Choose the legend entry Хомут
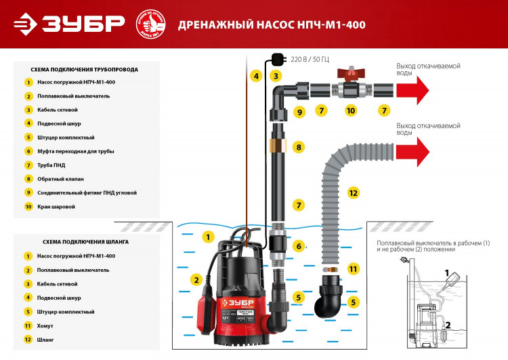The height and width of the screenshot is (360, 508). (x=47, y=325)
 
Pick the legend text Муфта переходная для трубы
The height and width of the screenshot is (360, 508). (x=77, y=151)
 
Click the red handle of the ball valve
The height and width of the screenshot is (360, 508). (x=351, y=72)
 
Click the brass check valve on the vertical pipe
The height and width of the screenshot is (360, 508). (x=277, y=146)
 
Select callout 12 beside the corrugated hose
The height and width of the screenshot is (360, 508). (x=352, y=192)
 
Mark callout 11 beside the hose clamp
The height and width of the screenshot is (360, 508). (x=352, y=269)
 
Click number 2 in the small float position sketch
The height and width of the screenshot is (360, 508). (x=447, y=325)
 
